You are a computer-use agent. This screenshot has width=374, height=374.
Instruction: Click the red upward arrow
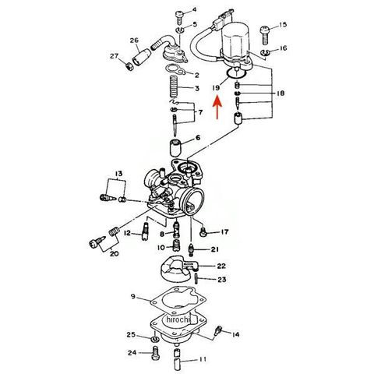tap(217, 108)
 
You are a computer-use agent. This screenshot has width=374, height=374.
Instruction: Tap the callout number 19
tap(216, 88)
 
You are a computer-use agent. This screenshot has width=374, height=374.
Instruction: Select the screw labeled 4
tap(180, 17)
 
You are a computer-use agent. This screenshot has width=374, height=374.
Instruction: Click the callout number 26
tap(134, 41)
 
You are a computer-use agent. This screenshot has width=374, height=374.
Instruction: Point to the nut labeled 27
tap(129, 67)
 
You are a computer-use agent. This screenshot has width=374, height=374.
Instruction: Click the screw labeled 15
tap(265, 34)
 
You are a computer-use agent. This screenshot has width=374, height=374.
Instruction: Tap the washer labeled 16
tap(265, 53)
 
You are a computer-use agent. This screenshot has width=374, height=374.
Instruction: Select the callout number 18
tap(280, 93)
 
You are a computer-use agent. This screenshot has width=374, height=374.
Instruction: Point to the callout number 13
tap(118, 173)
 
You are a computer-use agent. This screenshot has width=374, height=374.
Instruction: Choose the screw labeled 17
tap(203, 231)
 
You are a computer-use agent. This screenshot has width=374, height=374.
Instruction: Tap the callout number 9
tap(133, 296)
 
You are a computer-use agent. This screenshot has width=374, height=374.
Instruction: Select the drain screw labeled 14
tap(218, 331)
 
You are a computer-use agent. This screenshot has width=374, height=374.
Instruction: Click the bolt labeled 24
tap(155, 353)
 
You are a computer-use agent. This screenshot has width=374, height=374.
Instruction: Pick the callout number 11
tap(203, 359)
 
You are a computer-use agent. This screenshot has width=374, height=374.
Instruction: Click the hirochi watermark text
tap(179, 319)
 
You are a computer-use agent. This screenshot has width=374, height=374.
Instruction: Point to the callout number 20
tap(114, 253)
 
